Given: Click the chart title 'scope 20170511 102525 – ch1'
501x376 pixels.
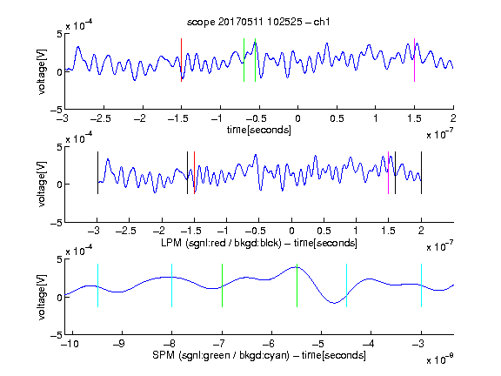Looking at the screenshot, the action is coord(258,22).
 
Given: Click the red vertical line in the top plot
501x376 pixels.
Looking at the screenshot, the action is coord(181,60).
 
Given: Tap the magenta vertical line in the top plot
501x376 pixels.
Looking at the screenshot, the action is coord(414,60).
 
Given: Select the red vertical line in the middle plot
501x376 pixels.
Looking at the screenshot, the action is coord(194,172).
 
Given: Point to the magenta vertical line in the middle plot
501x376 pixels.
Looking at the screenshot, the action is coord(388,172).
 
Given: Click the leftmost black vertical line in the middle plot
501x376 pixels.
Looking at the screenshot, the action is coord(97,172).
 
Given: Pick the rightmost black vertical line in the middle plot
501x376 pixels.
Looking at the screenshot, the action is coord(421,172).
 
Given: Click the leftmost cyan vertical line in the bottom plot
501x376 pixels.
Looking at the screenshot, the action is coord(97,285).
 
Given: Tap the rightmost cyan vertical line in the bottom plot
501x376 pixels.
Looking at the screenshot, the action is coord(421,285).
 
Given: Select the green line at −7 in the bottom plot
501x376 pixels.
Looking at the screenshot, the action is coord(222,285).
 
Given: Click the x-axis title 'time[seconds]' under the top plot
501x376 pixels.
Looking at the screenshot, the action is coord(259,130).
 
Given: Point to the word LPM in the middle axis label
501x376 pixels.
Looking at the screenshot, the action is coord(171,243).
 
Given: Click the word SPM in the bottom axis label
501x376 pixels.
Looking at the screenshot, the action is coord(163,355).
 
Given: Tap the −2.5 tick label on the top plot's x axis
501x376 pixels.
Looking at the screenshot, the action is coord(101,118).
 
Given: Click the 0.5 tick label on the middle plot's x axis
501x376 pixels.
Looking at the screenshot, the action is coord(324,231).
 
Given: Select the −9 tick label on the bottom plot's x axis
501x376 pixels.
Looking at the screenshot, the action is coord(119,344).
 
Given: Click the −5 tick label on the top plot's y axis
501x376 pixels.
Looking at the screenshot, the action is coord(57,110).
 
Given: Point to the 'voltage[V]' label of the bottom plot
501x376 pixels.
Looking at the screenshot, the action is coord(42,297).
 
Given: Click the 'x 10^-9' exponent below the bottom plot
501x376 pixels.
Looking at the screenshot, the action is coord(440,359).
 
